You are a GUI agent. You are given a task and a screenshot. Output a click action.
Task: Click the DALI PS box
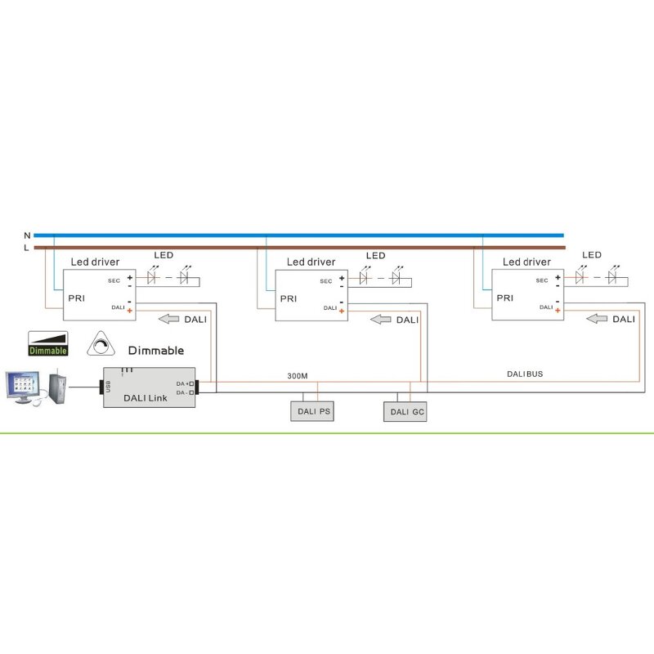pos(314,412)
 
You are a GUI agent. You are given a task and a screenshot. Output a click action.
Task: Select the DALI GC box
pos(406,412)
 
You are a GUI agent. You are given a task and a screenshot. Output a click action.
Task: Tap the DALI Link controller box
pos(148,388)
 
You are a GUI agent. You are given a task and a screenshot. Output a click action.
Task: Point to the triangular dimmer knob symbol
pos(102,347)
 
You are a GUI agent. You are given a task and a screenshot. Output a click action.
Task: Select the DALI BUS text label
pos(525,374)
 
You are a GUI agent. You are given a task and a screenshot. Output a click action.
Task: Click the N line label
pos(27,235)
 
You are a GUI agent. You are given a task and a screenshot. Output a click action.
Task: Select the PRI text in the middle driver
pos(289,298)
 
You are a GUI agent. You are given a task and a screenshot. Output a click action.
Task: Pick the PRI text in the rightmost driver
pos(506,298)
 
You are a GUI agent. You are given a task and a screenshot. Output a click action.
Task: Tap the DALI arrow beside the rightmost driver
pos(599,319)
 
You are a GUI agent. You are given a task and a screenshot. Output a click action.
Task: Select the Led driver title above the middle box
pos(311,262)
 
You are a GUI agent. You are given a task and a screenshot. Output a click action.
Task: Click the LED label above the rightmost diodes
pos(591,255)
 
